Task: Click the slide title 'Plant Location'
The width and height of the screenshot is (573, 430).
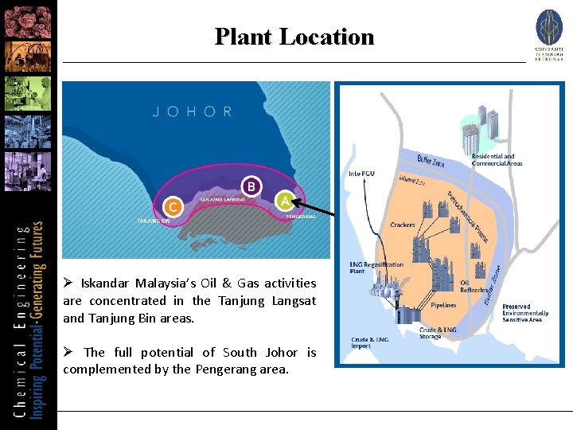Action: click(294, 37)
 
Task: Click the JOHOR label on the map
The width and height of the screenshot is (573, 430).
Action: click(193, 112)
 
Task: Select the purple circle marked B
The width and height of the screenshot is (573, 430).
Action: click(251, 186)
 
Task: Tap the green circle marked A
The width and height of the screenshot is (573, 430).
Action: click(285, 201)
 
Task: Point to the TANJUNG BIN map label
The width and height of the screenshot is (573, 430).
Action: click(154, 221)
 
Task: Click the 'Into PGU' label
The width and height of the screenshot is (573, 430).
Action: click(362, 173)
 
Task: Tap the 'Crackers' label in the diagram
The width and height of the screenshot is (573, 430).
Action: click(403, 225)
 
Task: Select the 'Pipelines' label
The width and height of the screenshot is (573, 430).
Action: click(443, 305)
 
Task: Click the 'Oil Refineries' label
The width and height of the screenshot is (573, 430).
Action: click(475, 286)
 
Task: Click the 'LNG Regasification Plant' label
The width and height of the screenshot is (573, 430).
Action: click(376, 268)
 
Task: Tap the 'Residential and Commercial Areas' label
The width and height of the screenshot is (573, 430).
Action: click(497, 160)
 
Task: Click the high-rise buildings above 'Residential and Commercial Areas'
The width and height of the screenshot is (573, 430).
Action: click(479, 131)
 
